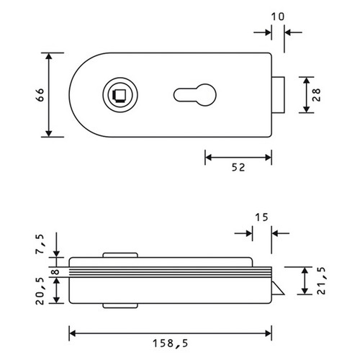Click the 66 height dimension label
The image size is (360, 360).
(x=41, y=95)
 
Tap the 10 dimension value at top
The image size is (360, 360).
(x=278, y=17)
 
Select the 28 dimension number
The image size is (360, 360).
(x=317, y=95)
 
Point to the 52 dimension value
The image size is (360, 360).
(x=238, y=168)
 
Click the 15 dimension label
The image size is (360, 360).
(x=261, y=217)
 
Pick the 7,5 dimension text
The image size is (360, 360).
(x=41, y=244)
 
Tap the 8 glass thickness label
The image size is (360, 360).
(x=55, y=272)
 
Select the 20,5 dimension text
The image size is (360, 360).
(x=40, y=291)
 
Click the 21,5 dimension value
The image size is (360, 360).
(x=321, y=281)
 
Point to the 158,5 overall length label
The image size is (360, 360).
(x=171, y=343)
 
